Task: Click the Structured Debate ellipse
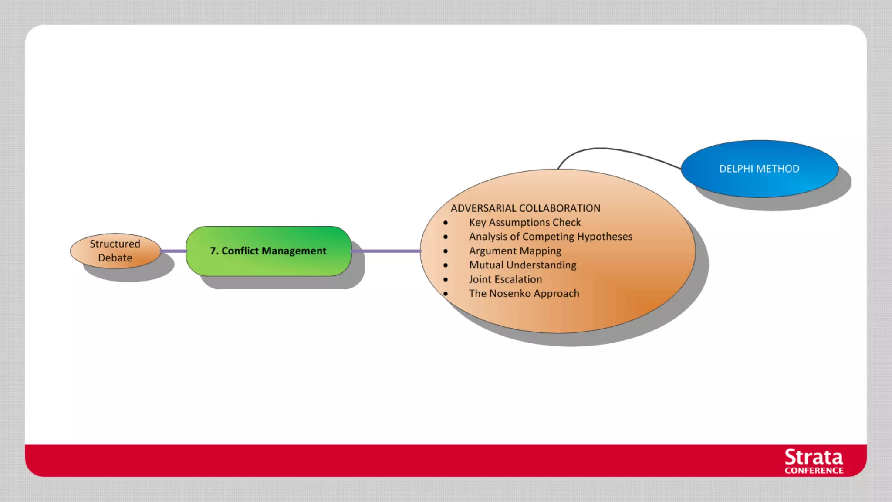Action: (115, 251)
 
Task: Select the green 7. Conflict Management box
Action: (268, 251)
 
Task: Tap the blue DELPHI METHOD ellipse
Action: (759, 169)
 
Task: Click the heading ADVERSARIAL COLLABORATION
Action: (525, 208)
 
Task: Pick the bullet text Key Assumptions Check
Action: (524, 222)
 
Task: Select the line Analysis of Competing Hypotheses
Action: (550, 237)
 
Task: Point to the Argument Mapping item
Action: (515, 251)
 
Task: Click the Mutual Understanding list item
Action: (522, 265)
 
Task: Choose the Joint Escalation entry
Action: (505, 279)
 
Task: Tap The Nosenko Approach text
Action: (524, 293)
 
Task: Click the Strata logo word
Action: (814, 458)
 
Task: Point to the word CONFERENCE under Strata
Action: (814, 471)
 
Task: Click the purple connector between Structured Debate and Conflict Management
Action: (173, 251)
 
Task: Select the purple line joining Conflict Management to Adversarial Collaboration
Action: (386, 251)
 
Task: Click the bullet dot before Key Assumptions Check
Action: (446, 223)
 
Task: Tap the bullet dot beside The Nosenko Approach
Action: (446, 294)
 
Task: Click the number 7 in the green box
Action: (213, 251)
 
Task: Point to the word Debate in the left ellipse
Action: (115, 258)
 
